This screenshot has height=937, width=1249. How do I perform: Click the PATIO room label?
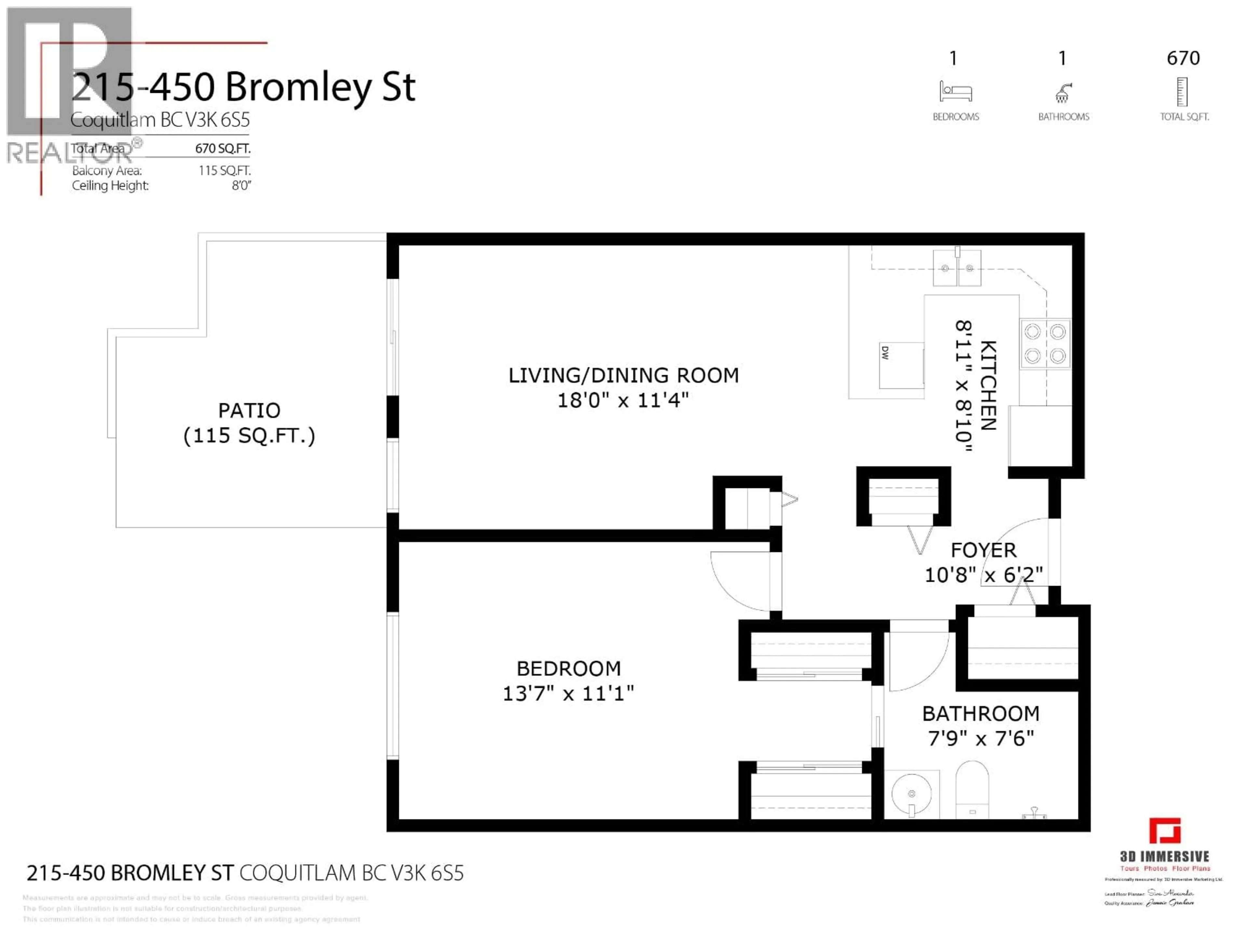pyautogui.click(x=249, y=410)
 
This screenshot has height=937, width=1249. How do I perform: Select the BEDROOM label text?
pyautogui.click(x=569, y=668)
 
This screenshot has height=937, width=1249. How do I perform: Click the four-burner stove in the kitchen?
pyautogui.click(x=1045, y=343)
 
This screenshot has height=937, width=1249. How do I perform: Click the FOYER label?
pyautogui.click(x=983, y=550)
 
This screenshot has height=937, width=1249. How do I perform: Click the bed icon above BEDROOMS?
pyautogui.click(x=955, y=91)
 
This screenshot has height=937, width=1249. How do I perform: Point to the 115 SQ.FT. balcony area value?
pyautogui.click(x=224, y=170)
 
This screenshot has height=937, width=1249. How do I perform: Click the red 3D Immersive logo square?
pyautogui.click(x=1164, y=831)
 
